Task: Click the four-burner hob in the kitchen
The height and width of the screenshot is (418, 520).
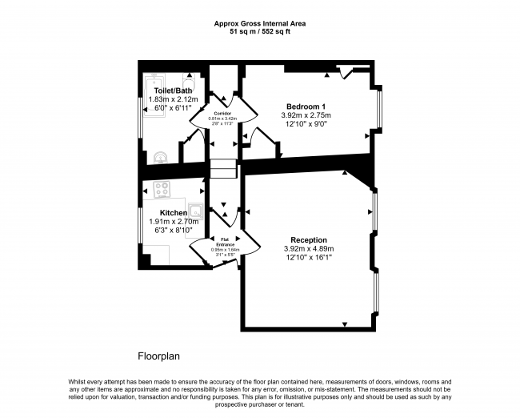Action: pos(162,190)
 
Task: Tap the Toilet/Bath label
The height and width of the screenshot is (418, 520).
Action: pos(173,90)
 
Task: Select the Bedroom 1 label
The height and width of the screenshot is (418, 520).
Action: pos(306,107)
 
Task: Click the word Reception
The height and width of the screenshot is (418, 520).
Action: pos(308,239)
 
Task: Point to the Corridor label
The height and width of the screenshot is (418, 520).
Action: pos(222,114)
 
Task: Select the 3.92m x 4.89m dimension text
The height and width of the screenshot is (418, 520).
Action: pos(308,248)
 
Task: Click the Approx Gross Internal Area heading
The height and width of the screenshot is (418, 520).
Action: pos(260,23)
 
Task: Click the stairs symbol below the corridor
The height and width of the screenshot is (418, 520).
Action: pos(224,169)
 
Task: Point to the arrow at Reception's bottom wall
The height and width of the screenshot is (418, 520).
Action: pos(345,324)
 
